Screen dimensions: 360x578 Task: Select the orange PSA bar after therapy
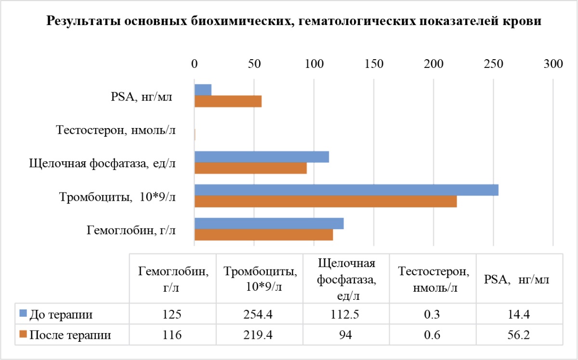(x=228, y=102)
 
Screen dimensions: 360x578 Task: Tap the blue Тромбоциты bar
(x=346, y=190)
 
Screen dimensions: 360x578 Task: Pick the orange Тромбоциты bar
(x=325, y=202)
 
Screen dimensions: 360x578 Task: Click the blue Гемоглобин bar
(x=269, y=223)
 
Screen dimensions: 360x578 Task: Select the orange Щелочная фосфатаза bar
(x=250, y=168)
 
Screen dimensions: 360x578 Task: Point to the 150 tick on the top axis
(x=374, y=64)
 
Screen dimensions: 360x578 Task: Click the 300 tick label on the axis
(x=552, y=64)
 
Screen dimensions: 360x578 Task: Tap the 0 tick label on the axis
(x=195, y=64)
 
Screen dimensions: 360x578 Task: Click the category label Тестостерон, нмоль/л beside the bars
(x=115, y=130)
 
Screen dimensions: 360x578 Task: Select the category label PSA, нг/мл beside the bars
(x=138, y=97)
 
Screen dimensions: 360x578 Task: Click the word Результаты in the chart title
(x=79, y=21)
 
